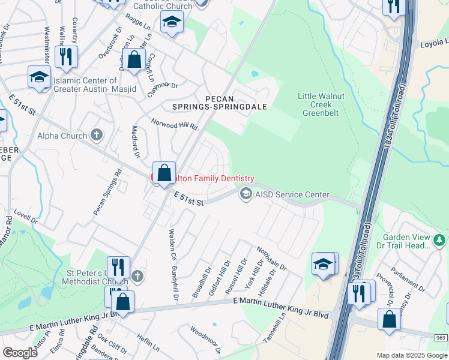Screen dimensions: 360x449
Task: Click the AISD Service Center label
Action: point(293,194)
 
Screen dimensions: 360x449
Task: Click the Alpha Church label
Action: point(65,136)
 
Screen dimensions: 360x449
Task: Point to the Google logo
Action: point(20,353)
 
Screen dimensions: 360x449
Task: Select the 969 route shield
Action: point(440,338)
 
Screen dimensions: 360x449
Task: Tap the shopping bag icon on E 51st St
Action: point(164,173)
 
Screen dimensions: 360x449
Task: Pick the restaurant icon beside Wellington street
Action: point(65,57)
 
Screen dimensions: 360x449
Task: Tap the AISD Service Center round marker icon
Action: point(246,194)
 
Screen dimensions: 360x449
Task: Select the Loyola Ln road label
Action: point(434,43)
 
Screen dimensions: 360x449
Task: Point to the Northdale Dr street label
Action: point(272,259)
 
